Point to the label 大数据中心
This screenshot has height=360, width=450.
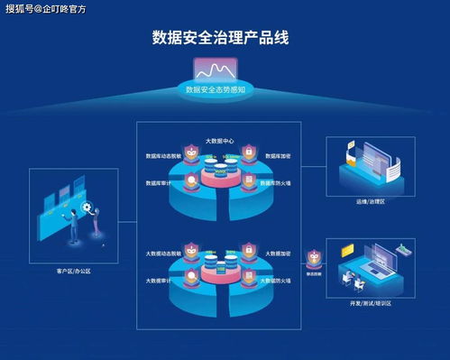click(219, 142)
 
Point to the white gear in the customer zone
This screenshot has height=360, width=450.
click(87, 208)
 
